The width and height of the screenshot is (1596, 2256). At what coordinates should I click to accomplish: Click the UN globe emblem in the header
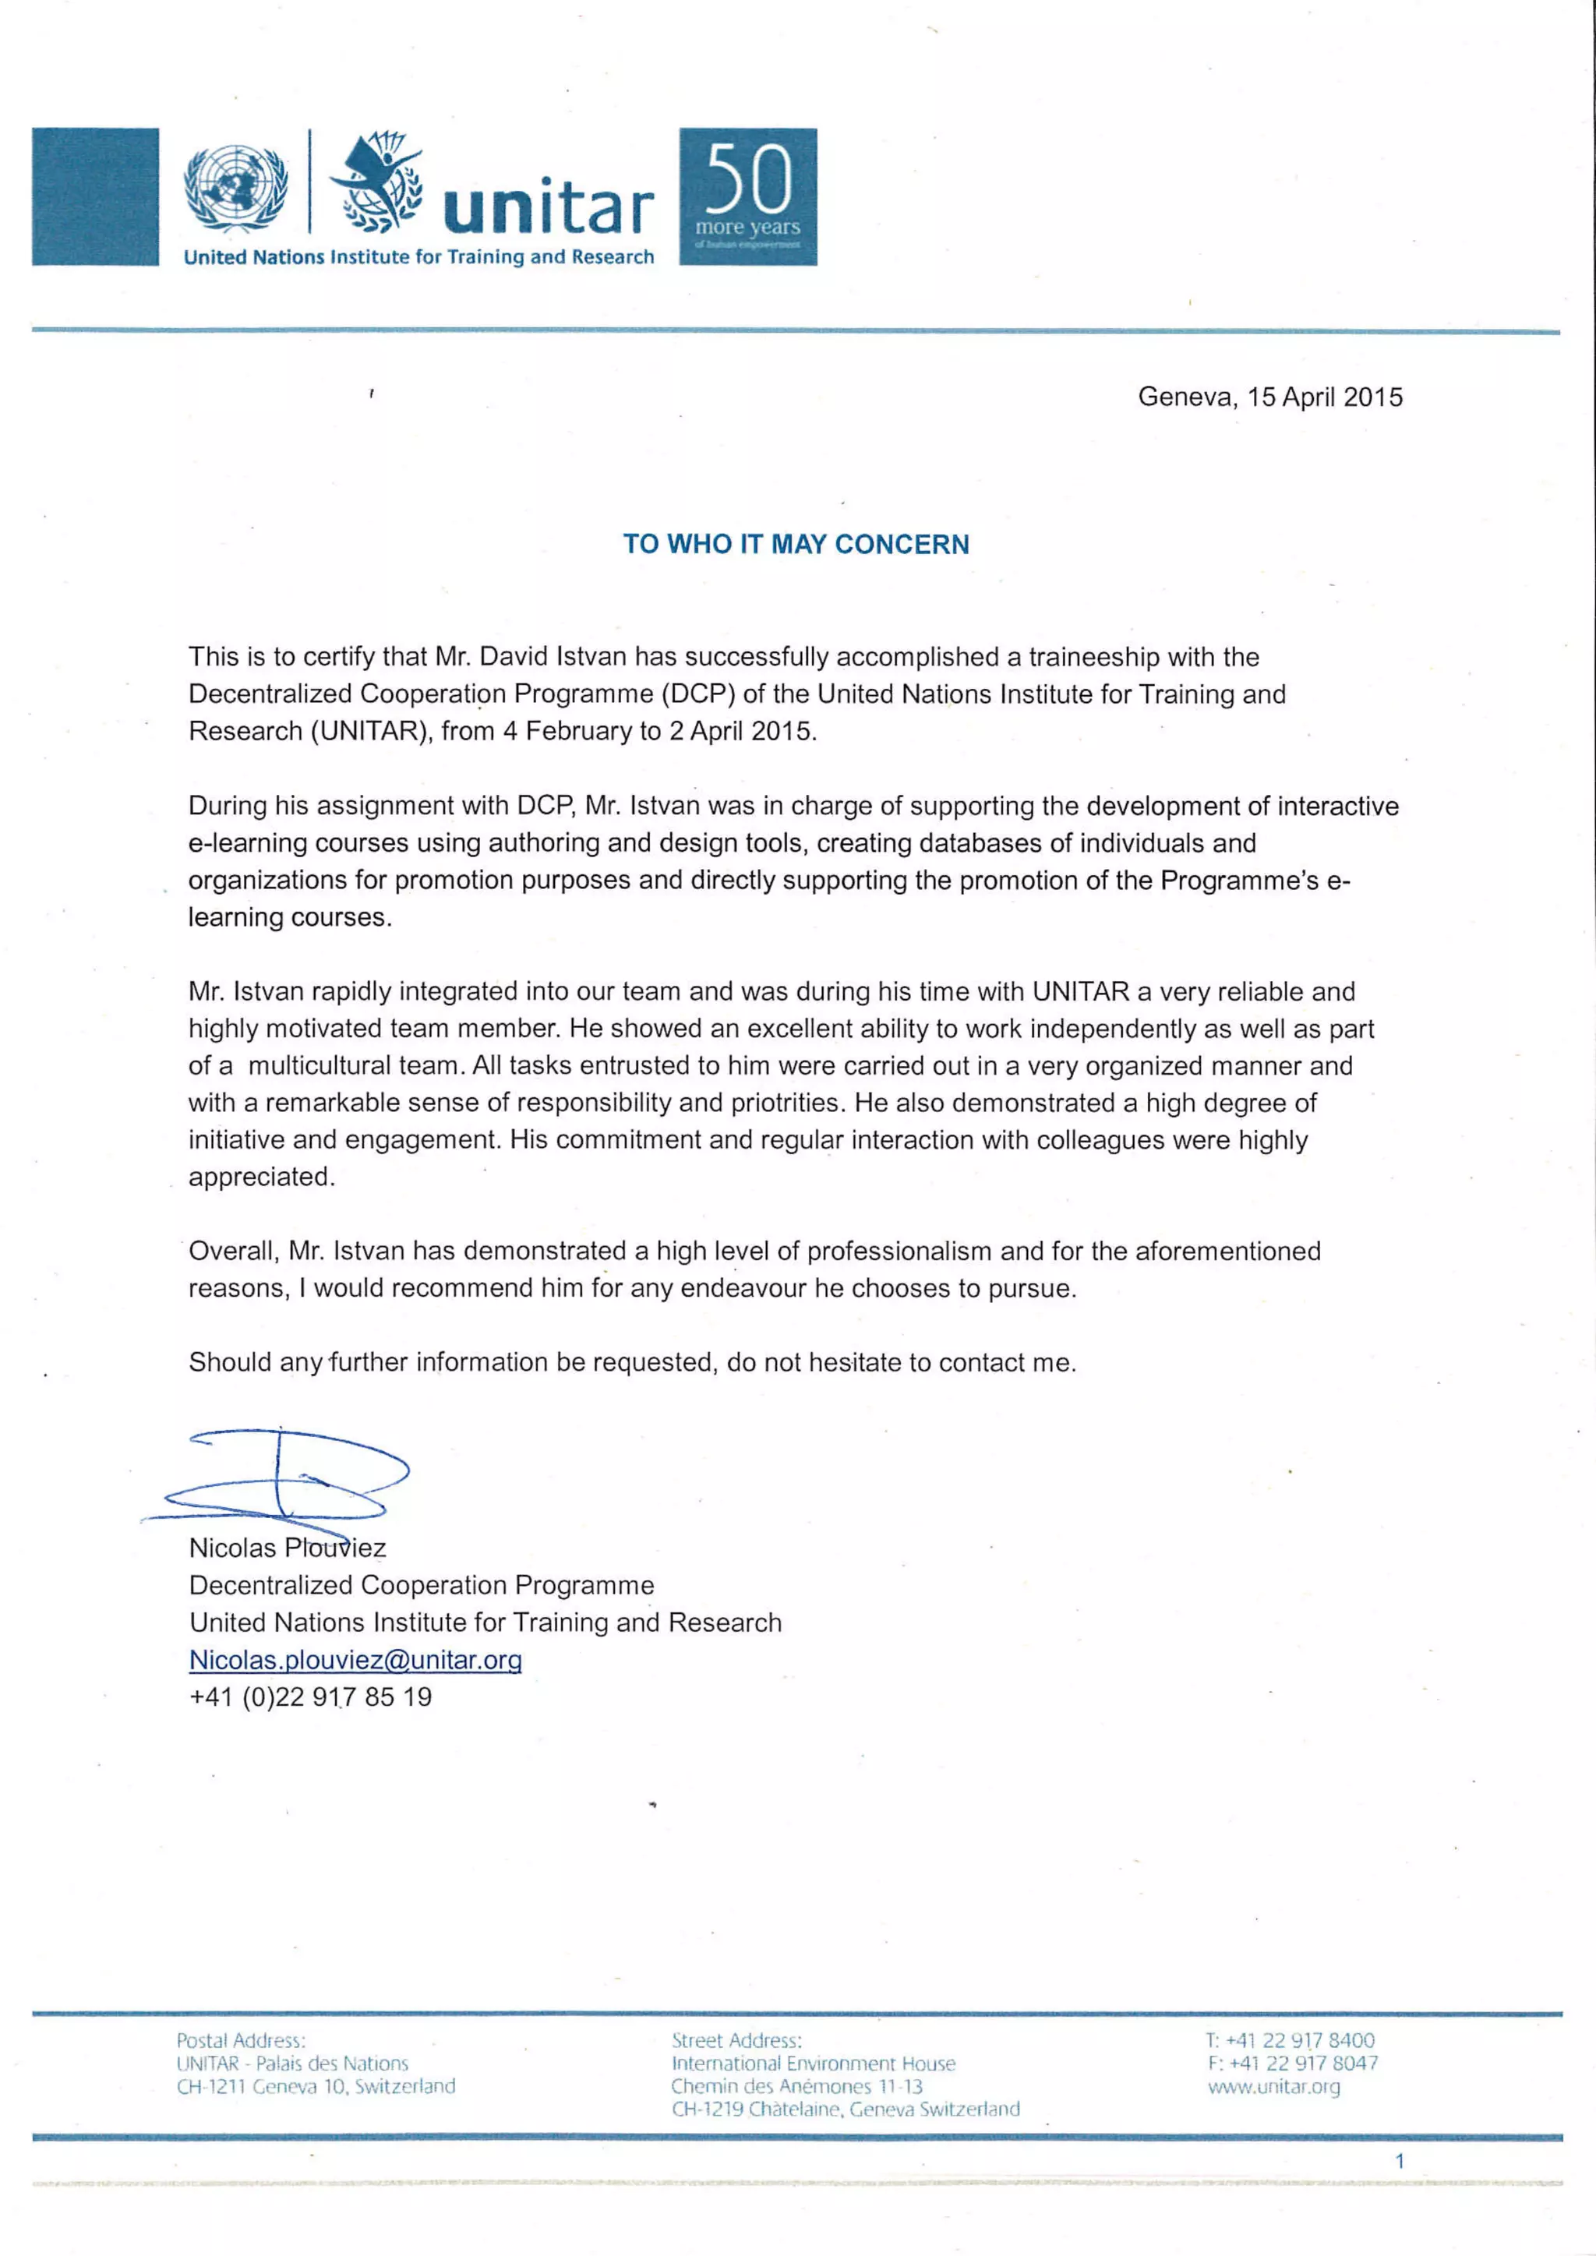coord(236,189)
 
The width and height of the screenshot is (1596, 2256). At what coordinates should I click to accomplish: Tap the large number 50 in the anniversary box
coord(748,178)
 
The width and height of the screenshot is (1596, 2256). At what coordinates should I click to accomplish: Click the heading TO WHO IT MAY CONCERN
coord(796,545)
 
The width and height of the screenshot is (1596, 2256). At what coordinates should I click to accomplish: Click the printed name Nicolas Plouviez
coord(287,1548)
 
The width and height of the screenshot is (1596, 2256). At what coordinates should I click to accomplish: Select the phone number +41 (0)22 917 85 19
coord(311,1697)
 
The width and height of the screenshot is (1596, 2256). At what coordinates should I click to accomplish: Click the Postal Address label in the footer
coord(241,2041)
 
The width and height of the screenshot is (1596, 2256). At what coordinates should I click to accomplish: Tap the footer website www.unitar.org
coord(1273,2086)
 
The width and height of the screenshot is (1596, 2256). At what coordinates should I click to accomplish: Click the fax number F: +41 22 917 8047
coord(1292,2064)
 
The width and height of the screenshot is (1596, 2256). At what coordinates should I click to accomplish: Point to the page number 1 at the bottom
coord(1400,2161)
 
